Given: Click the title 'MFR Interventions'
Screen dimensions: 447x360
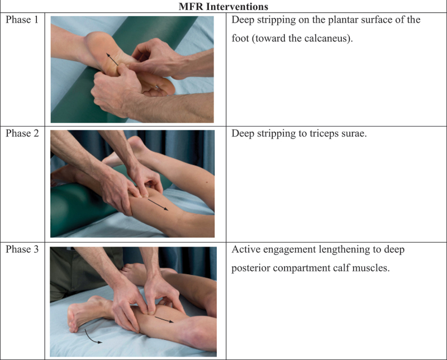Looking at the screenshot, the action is [x=223, y=6].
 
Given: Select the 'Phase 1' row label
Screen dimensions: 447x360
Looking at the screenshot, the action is [x=22, y=20].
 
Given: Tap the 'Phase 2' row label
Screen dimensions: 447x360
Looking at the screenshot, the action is [x=22, y=133].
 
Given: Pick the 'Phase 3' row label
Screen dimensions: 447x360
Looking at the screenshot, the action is [x=22, y=249].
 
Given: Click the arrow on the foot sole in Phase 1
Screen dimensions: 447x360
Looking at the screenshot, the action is [x=112, y=59].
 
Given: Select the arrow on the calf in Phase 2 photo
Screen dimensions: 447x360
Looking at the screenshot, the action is [x=158, y=204].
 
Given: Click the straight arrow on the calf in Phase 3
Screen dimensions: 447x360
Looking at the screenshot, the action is [x=164, y=319].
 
